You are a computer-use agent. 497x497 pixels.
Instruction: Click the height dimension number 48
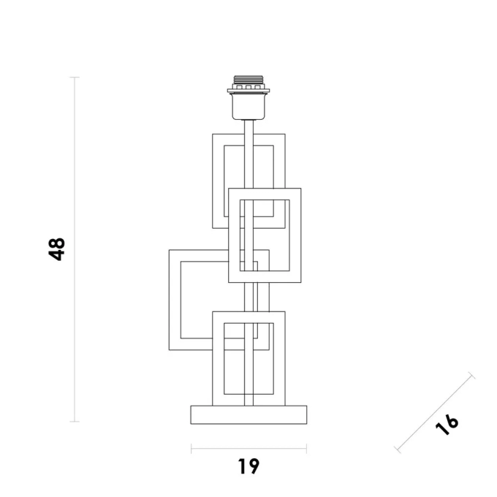(57, 249)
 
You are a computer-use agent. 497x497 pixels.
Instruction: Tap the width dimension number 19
(248, 466)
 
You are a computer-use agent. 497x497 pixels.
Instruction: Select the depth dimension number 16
(447, 425)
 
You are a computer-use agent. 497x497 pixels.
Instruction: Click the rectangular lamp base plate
(248, 414)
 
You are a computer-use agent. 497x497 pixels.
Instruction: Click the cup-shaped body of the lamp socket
(248, 107)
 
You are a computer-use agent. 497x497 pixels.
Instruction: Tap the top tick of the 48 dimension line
(75, 77)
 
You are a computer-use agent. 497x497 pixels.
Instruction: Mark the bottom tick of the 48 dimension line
(75, 421)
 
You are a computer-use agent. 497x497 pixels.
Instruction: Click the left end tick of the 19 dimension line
(191, 449)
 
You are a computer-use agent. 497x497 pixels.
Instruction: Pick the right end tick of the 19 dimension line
(306, 449)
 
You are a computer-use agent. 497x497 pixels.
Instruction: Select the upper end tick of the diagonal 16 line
(471, 375)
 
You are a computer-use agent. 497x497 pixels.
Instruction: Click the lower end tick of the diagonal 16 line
(398, 449)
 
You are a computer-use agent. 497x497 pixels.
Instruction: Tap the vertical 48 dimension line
(75, 249)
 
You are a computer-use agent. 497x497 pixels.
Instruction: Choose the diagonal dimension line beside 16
(434, 412)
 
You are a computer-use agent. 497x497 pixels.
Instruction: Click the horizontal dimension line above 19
(248, 449)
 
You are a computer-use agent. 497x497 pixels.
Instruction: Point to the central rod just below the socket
(248, 126)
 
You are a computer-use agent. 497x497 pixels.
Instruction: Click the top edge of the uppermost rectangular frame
(248, 134)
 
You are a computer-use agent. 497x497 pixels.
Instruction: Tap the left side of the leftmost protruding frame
(170, 300)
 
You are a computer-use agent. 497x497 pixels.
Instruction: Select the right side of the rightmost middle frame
(301, 235)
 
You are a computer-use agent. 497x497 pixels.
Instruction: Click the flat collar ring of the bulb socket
(248, 91)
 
